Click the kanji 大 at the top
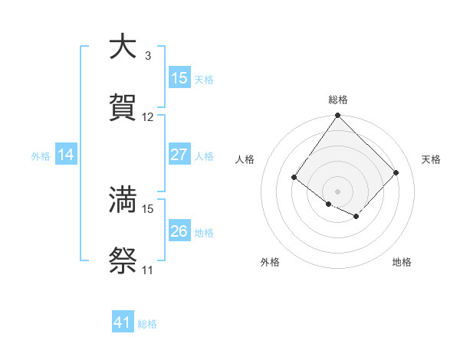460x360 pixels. pos(123,48)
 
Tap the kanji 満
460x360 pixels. pos(123,200)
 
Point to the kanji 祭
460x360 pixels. pos(123,261)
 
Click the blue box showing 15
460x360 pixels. pos(179,78)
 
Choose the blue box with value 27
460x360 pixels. pos(179,155)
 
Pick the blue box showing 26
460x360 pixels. pos(179,231)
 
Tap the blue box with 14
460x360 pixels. pos(66,155)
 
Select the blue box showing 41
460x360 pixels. pos(123,322)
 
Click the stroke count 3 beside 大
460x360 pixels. pos(148,57)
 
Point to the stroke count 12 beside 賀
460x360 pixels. pos(148,117)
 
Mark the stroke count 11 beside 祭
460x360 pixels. pos(148,270)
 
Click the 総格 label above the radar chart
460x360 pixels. pos(338,100)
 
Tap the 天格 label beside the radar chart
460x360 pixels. pos(431,159)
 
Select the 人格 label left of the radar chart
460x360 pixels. pos(245,159)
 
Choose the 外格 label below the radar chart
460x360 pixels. pos(270,262)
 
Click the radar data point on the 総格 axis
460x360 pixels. pos(338,116)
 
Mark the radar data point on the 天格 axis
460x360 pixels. pos(396,173)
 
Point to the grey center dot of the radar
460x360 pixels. pos(338,191)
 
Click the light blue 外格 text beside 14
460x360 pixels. pos(41,155)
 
